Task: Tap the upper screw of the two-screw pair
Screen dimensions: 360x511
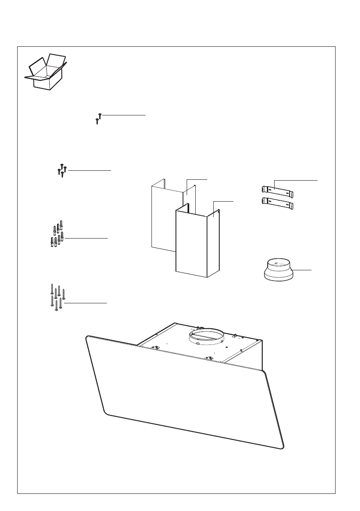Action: tap(100, 115)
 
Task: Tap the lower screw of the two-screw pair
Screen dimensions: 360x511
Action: tap(97, 121)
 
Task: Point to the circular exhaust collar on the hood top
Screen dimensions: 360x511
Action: tap(206, 336)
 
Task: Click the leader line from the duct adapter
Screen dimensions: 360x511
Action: tap(303, 270)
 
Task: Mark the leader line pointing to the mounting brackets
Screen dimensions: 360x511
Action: tap(296, 181)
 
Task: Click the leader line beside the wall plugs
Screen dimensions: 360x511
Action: tap(86, 238)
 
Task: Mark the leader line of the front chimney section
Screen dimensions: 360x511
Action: tap(223, 201)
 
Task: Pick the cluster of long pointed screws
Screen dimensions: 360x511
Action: tap(57, 297)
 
